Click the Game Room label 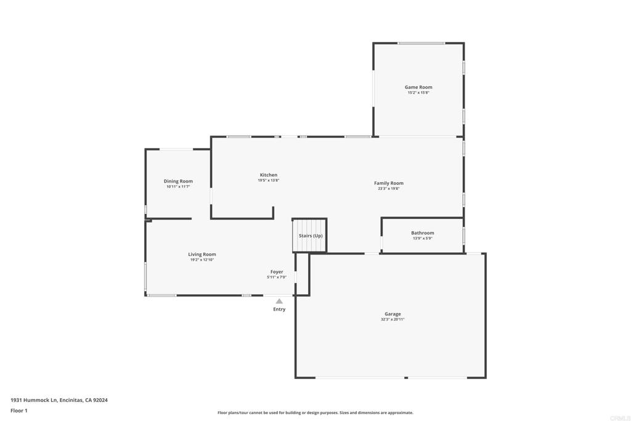418,87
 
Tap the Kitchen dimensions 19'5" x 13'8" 268,181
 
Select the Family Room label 388,183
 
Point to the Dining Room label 178,181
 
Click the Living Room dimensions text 202,260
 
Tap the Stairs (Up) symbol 309,235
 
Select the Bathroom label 422,233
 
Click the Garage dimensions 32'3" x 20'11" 393,319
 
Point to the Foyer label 277,272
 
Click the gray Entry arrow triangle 279,301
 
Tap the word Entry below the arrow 279,309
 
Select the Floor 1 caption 19,411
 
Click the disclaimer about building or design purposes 315,413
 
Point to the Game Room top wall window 421,43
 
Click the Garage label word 393,314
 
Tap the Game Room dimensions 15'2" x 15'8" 418,92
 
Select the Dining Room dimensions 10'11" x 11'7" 178,187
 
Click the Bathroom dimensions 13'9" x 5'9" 422,239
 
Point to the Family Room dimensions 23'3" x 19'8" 388,189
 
